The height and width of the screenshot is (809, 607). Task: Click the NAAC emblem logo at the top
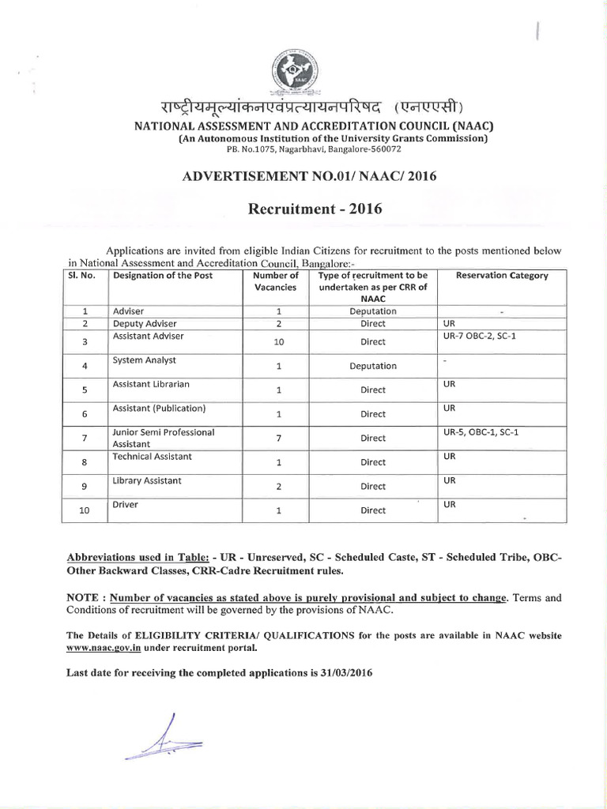point(303,70)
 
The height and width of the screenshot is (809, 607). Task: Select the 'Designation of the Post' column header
point(163,276)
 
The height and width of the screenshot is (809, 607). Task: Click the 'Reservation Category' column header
point(502,276)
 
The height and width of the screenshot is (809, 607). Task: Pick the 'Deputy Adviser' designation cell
point(145,324)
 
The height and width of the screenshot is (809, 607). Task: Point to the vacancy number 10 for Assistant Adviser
point(274,342)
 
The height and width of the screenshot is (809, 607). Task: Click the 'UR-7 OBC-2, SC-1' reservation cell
point(482,337)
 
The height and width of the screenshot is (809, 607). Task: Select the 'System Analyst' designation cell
point(145,360)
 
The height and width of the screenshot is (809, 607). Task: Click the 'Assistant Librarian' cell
point(152,384)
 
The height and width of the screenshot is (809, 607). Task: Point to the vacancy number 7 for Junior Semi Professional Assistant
point(274,438)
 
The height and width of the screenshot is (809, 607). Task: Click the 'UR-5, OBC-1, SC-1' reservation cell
point(487,433)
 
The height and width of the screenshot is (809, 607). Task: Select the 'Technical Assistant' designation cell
point(153,457)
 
